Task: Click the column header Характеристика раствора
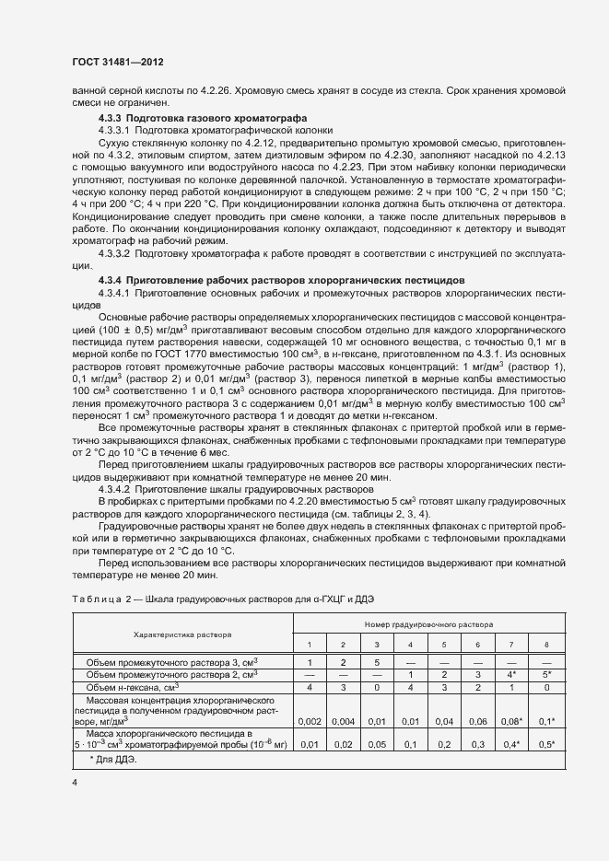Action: point(182,634)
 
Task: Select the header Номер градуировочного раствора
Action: point(428,623)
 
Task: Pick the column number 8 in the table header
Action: point(546,644)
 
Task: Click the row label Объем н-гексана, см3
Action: point(133,687)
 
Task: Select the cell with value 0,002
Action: point(310,721)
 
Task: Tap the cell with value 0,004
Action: point(343,721)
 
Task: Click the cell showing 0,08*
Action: point(512,721)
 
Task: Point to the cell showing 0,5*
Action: point(546,744)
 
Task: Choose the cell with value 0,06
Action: point(478,721)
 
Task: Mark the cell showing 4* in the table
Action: point(512,675)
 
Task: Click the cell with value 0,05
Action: point(377,744)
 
